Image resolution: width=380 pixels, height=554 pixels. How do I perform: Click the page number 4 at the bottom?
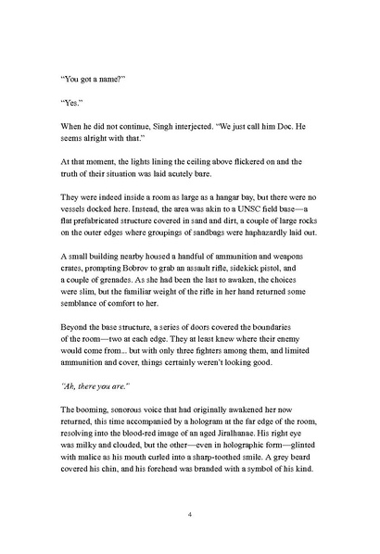pos(189,511)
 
